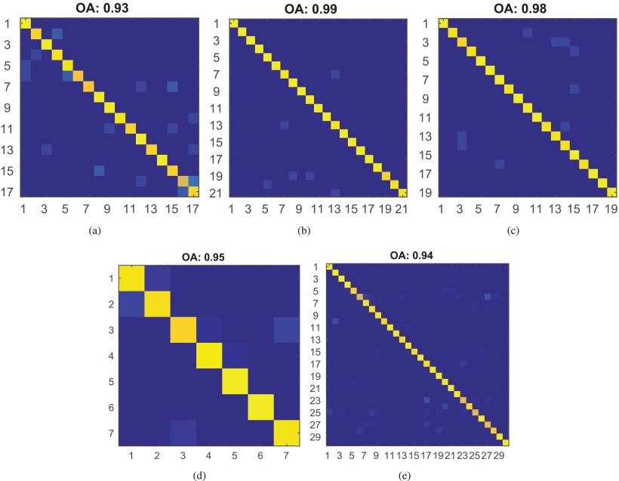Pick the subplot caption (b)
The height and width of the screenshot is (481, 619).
[317, 231]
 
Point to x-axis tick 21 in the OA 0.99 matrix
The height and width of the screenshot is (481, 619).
[401, 207]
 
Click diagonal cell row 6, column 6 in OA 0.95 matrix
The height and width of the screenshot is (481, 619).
[260, 407]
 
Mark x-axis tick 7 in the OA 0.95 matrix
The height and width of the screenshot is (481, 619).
[286, 456]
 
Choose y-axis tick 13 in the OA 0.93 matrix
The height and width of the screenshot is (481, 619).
[8, 149]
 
